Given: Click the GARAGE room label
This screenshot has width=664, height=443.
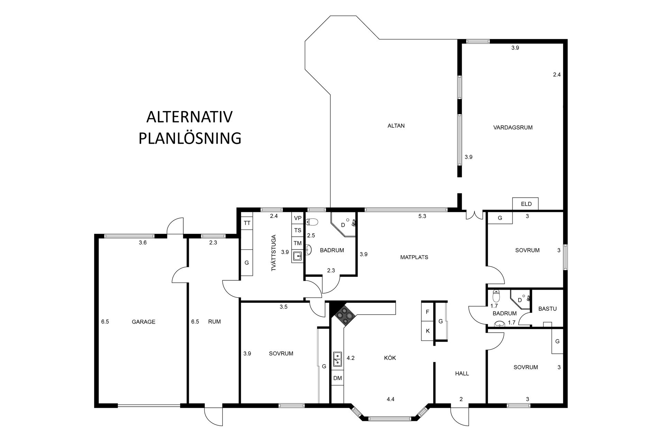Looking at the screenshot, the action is point(144,322).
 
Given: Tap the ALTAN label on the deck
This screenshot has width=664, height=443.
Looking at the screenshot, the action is point(396,126).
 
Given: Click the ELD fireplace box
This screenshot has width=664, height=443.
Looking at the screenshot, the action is point(526,204).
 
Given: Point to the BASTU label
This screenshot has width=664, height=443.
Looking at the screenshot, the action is point(547,309).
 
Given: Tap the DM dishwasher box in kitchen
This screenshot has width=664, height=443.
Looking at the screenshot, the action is point(338,378).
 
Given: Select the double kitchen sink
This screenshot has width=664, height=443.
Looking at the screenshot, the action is point(338,359).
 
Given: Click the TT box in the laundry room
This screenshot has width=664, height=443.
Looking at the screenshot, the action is point(247,223).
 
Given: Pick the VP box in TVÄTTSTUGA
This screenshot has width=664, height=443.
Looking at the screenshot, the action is point(298,218).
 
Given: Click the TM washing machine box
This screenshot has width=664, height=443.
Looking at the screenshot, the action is point(298,243).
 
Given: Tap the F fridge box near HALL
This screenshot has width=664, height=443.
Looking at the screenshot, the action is point(427,312).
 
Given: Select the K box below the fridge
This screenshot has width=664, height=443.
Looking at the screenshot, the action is point(427,331).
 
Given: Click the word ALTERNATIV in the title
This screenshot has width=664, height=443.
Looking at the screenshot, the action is point(190,117).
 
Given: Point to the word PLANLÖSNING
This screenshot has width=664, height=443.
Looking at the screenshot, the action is point(190,138).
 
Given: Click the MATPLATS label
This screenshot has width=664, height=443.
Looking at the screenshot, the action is point(414,257).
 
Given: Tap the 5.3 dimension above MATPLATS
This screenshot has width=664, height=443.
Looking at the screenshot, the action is point(422,216).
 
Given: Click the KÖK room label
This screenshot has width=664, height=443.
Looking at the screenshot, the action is point(390,358).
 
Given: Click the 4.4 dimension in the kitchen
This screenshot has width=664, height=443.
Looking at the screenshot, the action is point(390,399).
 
